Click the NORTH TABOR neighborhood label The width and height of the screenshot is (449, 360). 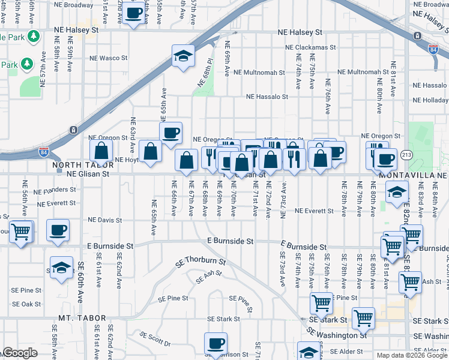click(82, 165)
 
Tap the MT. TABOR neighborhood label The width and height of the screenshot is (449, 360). click(82, 318)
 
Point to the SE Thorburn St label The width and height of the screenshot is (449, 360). click(200, 262)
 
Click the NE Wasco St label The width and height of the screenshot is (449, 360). click(109, 58)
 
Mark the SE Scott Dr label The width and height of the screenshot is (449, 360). click(155, 339)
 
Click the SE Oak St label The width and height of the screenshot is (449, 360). click(27, 304)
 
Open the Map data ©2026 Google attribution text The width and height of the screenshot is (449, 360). click(412, 355)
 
